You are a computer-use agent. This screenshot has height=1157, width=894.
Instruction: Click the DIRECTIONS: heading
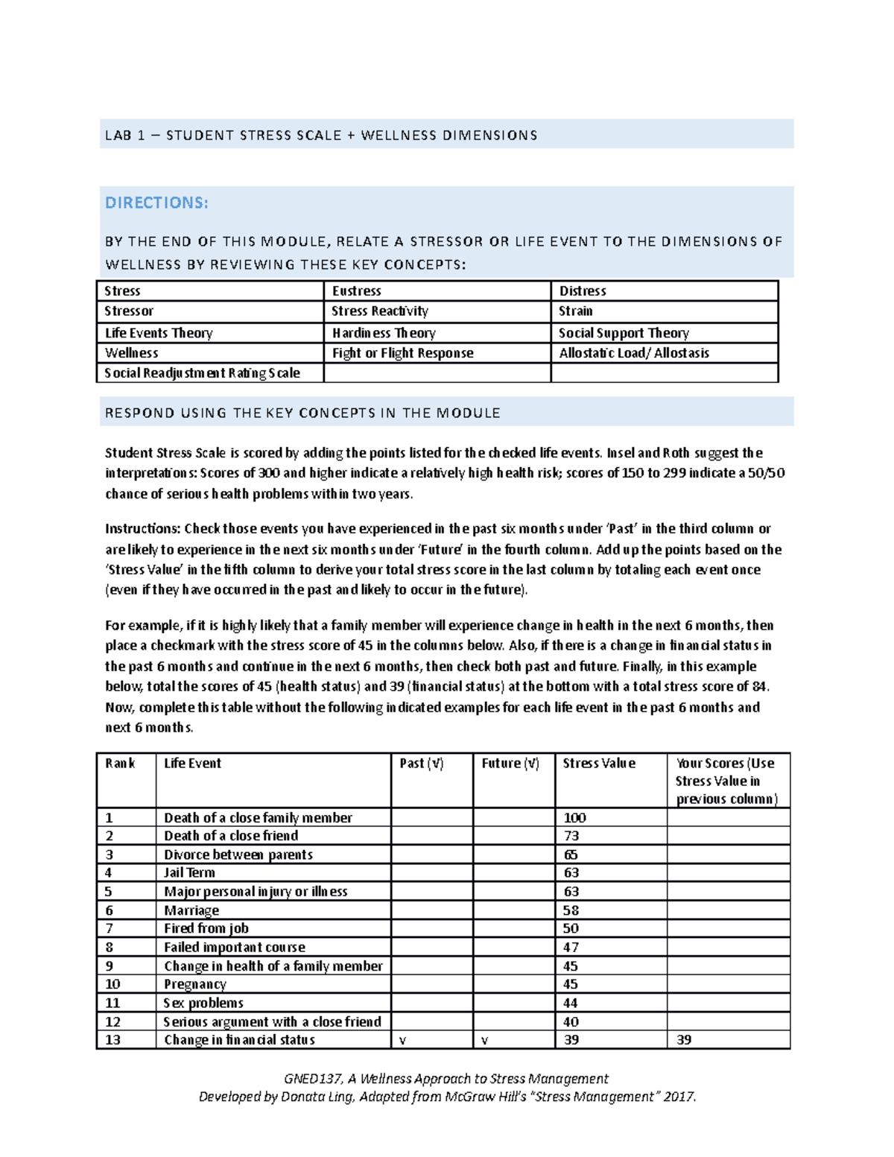[156, 203]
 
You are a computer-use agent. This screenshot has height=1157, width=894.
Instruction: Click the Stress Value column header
[599, 764]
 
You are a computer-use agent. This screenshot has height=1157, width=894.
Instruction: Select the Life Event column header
[192, 764]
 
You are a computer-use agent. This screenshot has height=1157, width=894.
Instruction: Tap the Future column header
[510, 764]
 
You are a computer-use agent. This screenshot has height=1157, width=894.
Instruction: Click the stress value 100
[574, 818]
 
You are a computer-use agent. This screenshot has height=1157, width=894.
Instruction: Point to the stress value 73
[571, 836]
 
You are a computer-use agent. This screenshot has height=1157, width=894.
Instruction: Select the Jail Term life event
[189, 872]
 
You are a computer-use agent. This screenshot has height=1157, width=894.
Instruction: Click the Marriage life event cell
[191, 910]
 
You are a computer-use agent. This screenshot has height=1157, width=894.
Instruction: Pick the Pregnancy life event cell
[195, 984]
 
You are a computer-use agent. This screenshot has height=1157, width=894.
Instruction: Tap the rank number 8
[110, 948]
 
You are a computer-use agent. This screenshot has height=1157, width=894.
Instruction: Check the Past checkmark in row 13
[403, 1041]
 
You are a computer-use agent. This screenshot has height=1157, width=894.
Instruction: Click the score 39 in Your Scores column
[684, 1040]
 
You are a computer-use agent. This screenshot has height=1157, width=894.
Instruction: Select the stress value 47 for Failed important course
[571, 948]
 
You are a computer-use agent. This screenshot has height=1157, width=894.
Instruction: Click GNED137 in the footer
[313, 1079]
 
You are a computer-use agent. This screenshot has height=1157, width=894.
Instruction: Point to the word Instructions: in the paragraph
[142, 529]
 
